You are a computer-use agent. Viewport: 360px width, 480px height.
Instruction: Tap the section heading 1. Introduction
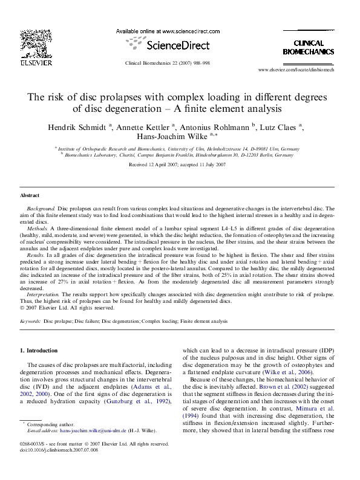39,351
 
